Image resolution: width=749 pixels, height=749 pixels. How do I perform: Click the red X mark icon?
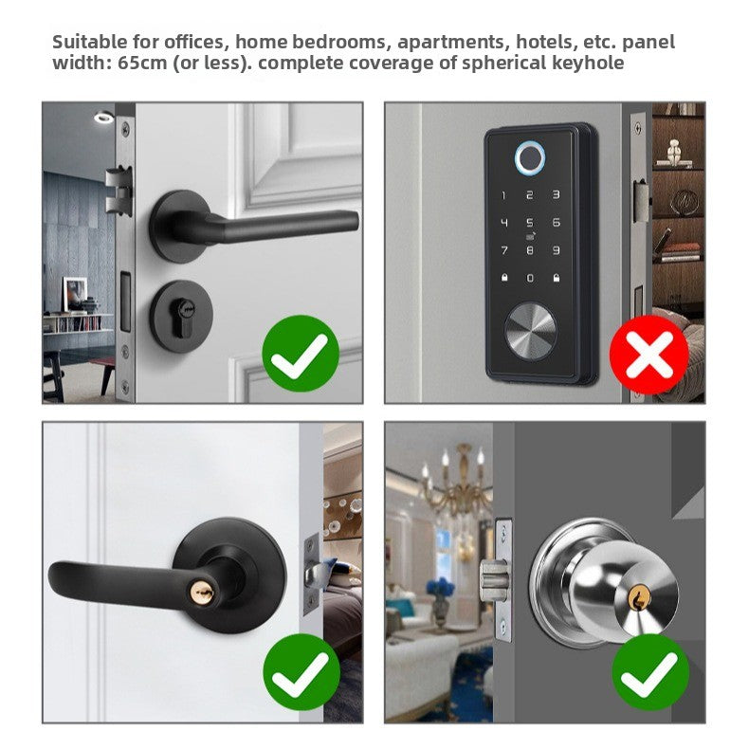pyautogui.click(x=649, y=354)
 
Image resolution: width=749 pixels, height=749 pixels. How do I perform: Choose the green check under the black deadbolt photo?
pyautogui.click(x=301, y=354)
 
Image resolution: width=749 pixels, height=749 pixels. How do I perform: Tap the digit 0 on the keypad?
pyautogui.click(x=530, y=279)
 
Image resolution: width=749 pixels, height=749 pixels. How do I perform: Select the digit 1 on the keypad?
pyautogui.click(x=504, y=195)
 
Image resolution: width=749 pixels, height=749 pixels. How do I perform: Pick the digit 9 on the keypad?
pyautogui.click(x=556, y=251)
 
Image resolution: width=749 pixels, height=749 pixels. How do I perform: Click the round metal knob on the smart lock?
pyautogui.click(x=531, y=335)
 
